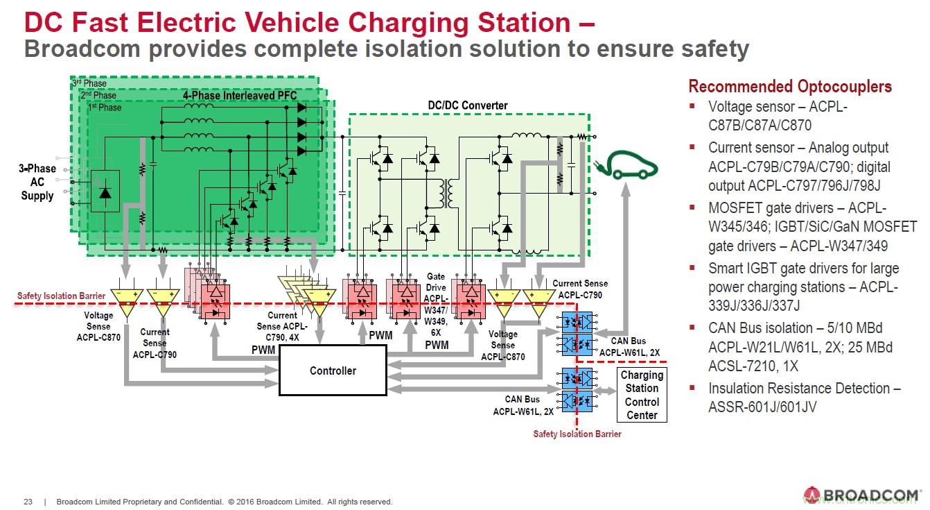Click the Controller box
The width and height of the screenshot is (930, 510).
tap(333, 371)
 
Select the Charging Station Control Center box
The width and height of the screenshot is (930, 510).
tap(642, 395)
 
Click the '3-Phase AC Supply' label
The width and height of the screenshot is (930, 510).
tap(37, 182)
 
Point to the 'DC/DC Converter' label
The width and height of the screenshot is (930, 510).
tap(468, 105)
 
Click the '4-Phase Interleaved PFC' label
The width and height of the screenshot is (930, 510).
tap(240, 96)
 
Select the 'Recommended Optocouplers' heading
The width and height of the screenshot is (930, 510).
tap(789, 87)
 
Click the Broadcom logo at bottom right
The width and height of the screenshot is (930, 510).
tap(862, 495)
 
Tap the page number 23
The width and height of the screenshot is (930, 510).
tap(28, 502)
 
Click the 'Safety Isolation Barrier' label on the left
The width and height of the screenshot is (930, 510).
tap(61, 296)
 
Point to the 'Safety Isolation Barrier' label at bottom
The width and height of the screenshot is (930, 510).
tap(577, 434)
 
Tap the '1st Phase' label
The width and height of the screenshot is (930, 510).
tap(105, 108)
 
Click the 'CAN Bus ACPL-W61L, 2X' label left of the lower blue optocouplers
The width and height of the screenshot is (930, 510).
tap(523, 405)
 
